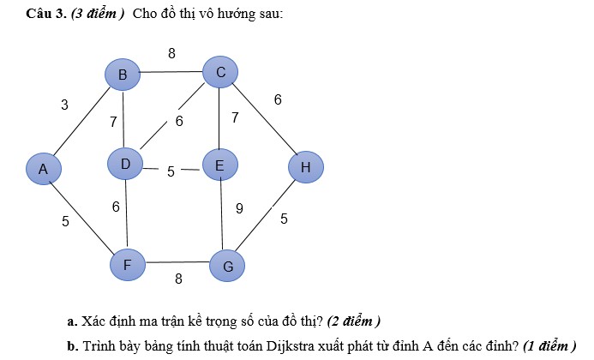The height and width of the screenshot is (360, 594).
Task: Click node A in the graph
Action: click(x=44, y=169)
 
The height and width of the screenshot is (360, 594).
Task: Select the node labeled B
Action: click(x=123, y=75)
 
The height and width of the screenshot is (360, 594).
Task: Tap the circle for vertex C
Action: click(x=220, y=72)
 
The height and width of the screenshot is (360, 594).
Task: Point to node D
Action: click(x=125, y=164)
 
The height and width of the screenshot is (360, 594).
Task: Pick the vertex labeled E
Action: click(x=220, y=165)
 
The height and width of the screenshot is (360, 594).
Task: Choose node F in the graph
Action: click(x=128, y=265)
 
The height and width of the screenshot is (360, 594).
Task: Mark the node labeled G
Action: click(x=227, y=266)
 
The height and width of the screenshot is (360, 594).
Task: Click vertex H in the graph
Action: click(x=306, y=167)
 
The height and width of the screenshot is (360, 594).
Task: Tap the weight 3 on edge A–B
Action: click(x=65, y=105)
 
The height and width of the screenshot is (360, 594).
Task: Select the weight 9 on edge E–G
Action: click(x=239, y=208)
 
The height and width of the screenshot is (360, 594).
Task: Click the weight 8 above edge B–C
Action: click(x=171, y=53)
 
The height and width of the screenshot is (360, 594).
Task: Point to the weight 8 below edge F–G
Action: click(x=178, y=279)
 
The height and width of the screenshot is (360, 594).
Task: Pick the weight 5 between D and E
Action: click(x=171, y=171)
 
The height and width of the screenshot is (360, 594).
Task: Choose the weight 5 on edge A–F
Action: click(x=65, y=221)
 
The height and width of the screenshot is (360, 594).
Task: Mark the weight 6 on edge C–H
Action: click(x=278, y=99)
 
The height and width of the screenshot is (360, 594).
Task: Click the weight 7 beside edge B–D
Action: click(x=113, y=122)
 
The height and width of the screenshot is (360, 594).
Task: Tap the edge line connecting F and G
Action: click(x=177, y=261)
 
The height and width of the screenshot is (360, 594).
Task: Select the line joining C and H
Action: click(x=264, y=120)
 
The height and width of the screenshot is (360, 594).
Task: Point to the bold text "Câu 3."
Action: click(x=46, y=14)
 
